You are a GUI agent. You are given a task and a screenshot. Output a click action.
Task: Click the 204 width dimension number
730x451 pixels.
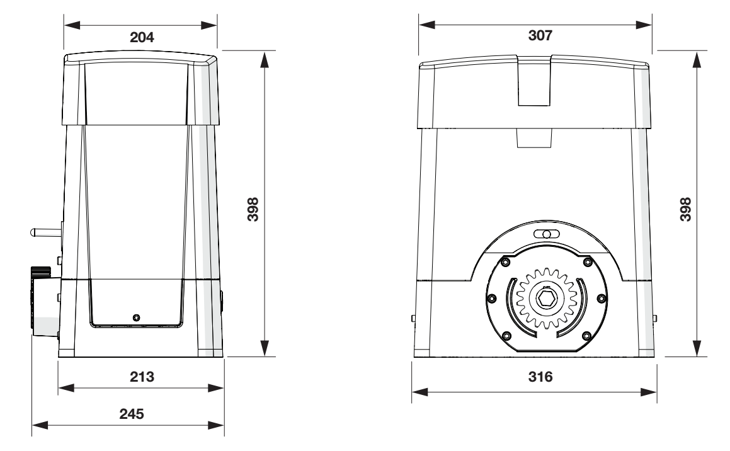coord(142,37)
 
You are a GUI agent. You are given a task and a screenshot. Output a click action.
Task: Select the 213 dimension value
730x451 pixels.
coord(142,377)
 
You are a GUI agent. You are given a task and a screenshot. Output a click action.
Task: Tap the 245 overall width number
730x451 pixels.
coord(131,414)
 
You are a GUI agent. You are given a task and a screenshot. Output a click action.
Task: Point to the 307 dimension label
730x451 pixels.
coord(540,35)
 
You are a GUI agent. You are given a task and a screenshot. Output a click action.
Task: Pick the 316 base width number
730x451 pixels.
coord(540,377)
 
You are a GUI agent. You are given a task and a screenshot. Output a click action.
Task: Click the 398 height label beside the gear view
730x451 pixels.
coord(685,210)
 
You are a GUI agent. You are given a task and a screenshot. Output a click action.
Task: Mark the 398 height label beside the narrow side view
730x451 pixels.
coord(253,210)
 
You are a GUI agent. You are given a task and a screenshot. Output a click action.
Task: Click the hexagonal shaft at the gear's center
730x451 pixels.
coord(544,299)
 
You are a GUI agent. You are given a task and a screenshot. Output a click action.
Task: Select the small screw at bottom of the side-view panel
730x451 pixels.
coord(136,317)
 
